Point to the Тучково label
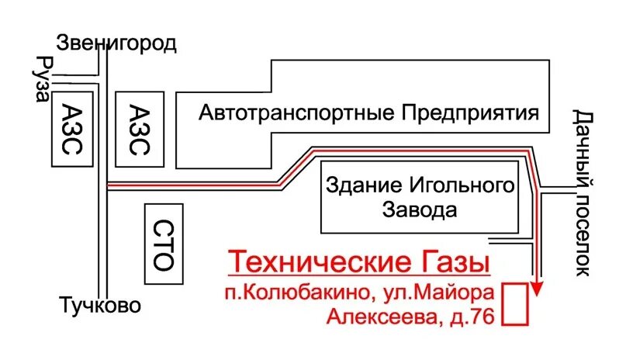(x=102, y=305)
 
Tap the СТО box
(x=164, y=244)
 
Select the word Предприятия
(x=470, y=113)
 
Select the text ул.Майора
(x=442, y=294)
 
